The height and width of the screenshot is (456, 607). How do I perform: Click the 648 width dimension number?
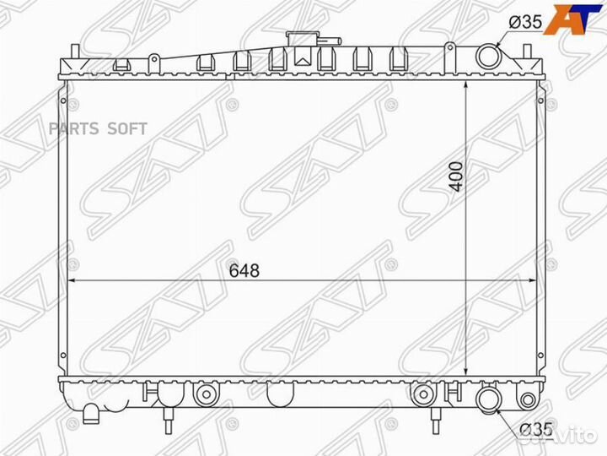tap(244, 271)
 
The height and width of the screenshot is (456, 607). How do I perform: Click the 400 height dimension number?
tap(457, 176)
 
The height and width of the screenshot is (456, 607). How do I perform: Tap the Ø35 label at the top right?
tap(526, 22)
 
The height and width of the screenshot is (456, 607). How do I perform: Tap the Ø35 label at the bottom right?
tap(536, 430)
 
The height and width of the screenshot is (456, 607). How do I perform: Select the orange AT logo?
tap(574, 19)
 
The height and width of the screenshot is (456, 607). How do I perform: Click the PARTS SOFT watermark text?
tap(98, 128)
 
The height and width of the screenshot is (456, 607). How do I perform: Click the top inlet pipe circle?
tap(489, 57)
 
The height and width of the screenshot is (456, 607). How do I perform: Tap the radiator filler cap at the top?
tap(301, 39)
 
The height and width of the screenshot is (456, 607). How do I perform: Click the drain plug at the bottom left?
tap(91, 413)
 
